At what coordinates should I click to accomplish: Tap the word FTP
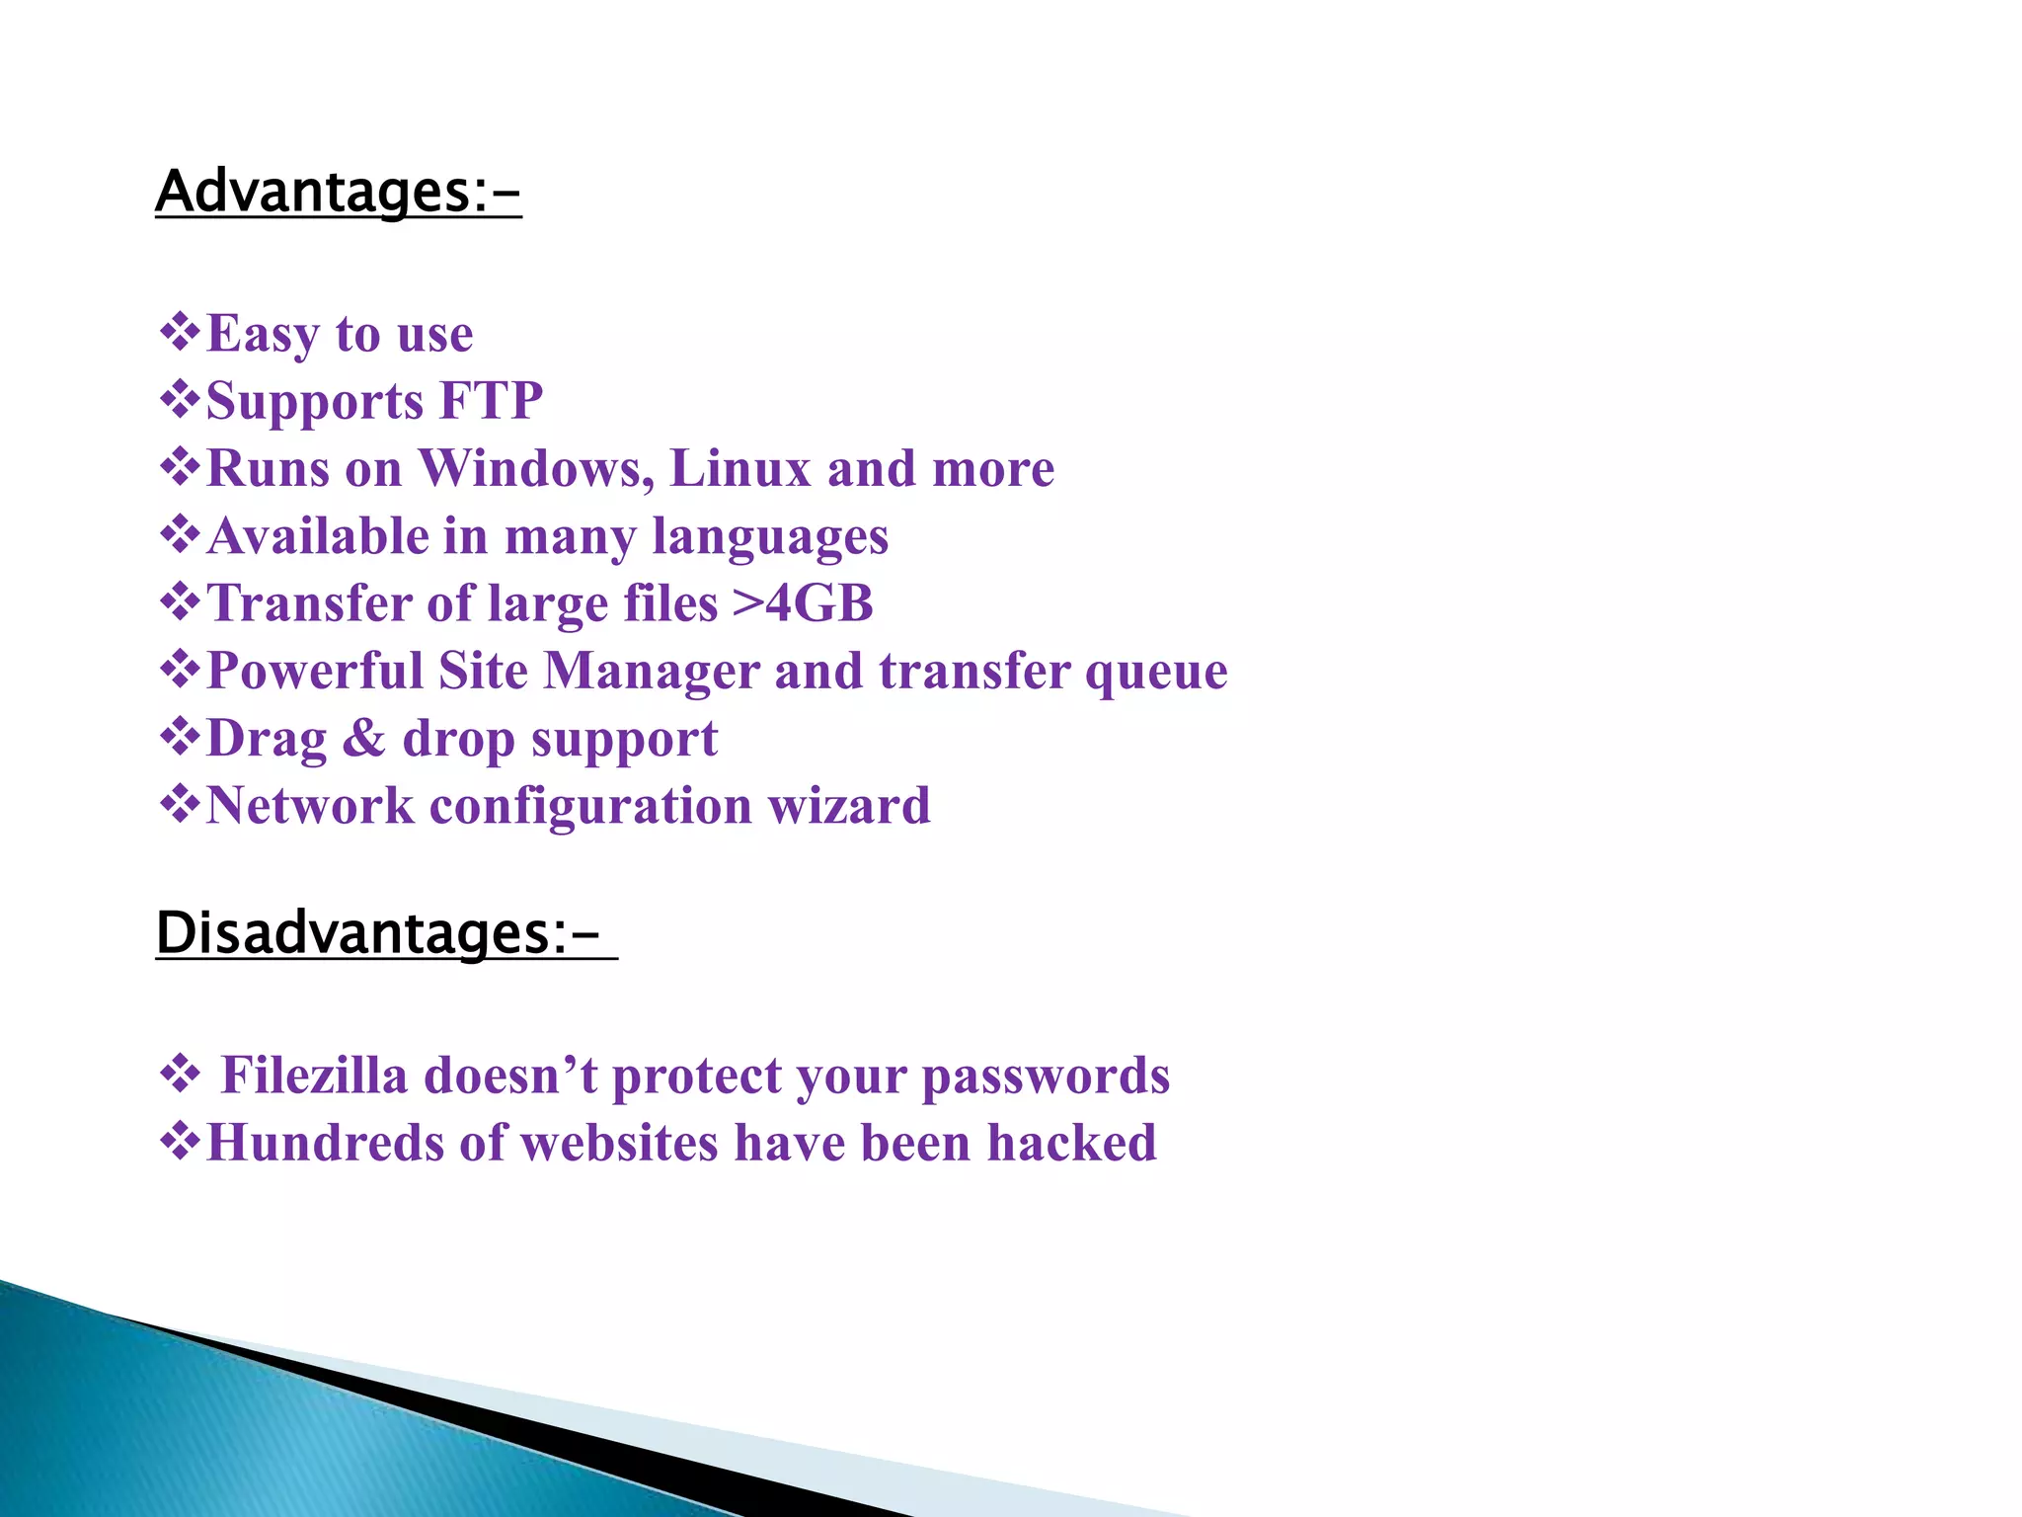click(x=491, y=401)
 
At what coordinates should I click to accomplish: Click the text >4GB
click(x=803, y=603)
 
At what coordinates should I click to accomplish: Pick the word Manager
click(x=651, y=671)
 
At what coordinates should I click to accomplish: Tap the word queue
click(x=1156, y=673)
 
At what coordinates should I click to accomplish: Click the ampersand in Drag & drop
click(x=363, y=739)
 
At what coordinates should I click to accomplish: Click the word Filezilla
click(x=314, y=1076)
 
